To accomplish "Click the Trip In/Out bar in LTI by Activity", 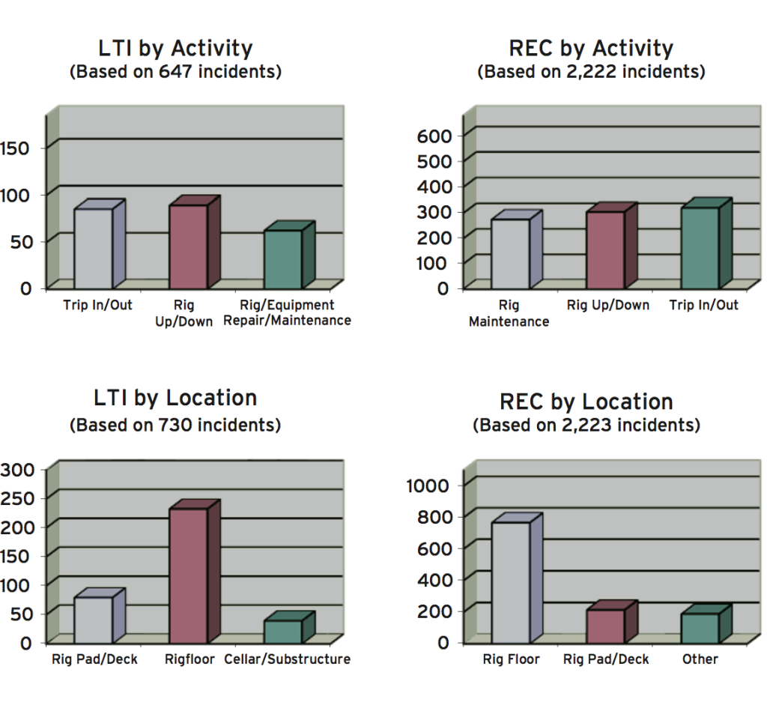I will pos(94,248).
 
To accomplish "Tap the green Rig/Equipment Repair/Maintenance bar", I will pos(283,258).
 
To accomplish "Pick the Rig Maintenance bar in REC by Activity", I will pos(510,253).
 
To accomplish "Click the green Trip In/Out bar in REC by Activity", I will pos(700,248).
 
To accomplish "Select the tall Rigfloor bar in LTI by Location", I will pos(189,575).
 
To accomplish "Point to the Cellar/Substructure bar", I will pos(283,631).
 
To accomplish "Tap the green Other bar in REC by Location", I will pos(700,628).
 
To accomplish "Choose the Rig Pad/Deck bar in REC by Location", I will pos(605,626).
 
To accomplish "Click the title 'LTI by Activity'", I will pos(175,49).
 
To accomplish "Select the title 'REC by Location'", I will pos(586,402).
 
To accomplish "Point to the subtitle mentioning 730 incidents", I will pos(175,426).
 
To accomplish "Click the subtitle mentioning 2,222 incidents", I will pos(592,73).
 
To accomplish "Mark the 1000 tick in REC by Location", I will pos(428,485).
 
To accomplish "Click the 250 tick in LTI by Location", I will pos(18,498).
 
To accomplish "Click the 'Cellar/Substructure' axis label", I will pos(294,659).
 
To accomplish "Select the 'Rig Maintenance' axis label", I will pos(509,314).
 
